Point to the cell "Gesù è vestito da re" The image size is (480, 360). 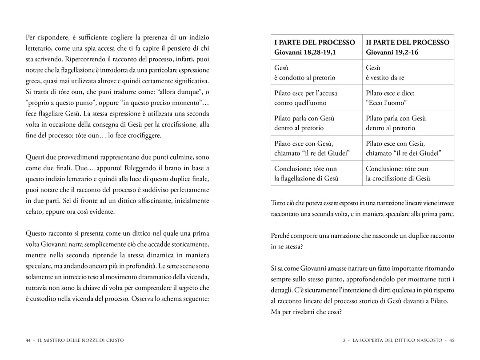click(x=385, y=73)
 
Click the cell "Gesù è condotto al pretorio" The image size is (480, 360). click(x=304, y=73)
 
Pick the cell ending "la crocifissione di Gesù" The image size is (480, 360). click(x=398, y=174)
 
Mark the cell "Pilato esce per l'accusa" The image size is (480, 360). click(x=306, y=98)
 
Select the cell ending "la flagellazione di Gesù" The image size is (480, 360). click(x=306, y=174)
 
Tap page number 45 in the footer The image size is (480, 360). click(x=452, y=340)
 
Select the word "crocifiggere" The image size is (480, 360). click(x=143, y=135)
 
